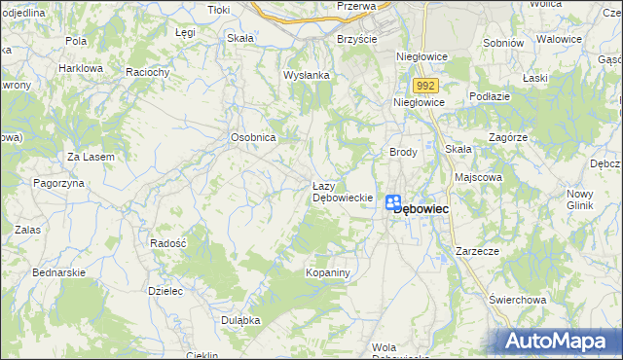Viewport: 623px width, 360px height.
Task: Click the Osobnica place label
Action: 254,137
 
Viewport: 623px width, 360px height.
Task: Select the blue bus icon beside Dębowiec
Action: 393,202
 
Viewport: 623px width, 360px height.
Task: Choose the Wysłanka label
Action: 307,75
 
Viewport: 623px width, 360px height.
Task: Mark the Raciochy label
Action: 149,72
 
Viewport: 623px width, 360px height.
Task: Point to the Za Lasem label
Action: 91,157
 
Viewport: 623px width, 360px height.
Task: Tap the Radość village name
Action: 168,242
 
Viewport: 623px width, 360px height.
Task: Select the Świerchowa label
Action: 516,300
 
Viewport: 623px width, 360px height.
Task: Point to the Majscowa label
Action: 479,178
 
